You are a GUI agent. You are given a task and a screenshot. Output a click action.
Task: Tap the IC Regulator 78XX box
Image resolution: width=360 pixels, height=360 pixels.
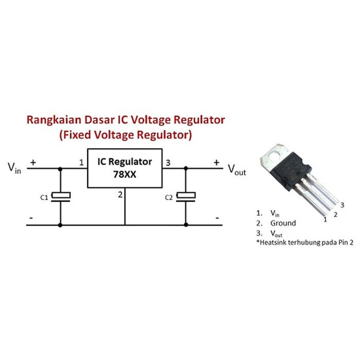tap(124, 168)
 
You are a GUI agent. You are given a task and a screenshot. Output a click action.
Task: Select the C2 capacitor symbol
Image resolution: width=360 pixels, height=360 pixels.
tap(185, 196)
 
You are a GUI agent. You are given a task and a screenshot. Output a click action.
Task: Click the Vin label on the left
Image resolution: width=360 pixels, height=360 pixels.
tap(14, 168)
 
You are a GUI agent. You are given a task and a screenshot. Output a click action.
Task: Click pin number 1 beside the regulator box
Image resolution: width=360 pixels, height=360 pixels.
tap(81, 163)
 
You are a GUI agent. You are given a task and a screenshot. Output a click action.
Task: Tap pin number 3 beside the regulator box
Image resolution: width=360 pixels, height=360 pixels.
tap(168, 163)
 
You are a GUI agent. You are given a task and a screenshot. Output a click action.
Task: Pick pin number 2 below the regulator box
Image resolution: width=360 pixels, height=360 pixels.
tap(120, 194)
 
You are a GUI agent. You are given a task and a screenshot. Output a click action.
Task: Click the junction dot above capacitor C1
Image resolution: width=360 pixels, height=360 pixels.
tap(60, 168)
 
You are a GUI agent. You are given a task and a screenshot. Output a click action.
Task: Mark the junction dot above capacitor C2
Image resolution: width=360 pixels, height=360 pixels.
tap(185, 168)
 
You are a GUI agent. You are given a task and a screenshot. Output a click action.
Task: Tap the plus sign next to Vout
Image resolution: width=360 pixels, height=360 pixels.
tap(217, 162)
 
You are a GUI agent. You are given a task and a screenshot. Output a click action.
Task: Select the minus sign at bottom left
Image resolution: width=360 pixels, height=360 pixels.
tap(31, 219)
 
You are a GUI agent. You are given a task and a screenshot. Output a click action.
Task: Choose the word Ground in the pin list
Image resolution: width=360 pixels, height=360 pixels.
tap(283, 223)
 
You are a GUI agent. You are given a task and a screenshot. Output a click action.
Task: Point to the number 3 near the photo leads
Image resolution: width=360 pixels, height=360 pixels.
tap(342, 205)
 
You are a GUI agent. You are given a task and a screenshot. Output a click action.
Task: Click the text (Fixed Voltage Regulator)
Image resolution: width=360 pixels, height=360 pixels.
tap(125, 136)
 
